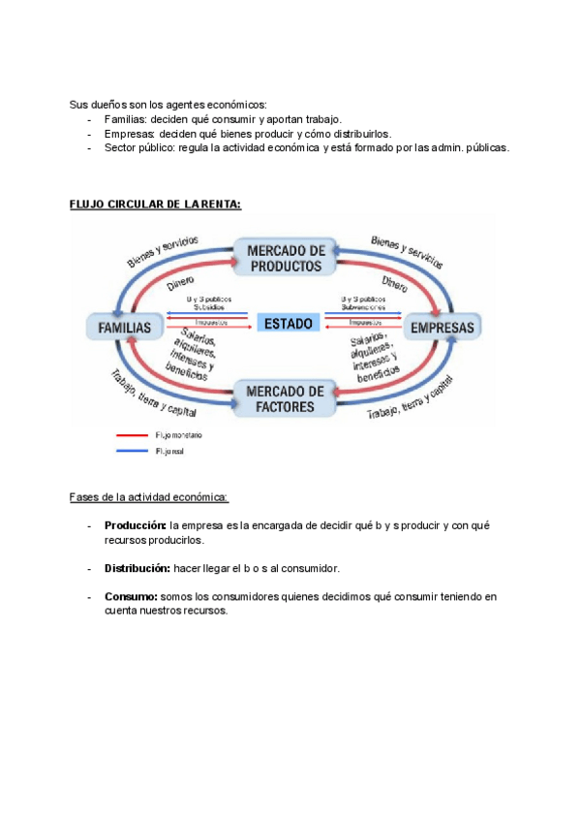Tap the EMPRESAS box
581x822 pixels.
(x=443, y=328)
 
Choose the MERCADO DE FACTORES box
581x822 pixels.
(x=285, y=398)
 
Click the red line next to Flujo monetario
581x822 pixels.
(x=134, y=436)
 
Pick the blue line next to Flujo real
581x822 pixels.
(x=134, y=450)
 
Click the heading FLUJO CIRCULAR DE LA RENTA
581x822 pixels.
(x=155, y=205)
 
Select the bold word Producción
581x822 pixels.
(x=136, y=525)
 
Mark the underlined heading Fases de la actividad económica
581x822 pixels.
(x=148, y=497)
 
